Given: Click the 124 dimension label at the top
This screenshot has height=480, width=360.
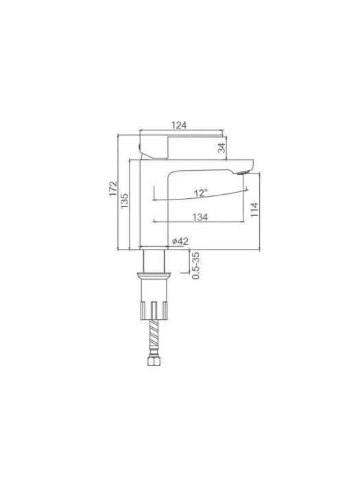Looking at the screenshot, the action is pyautogui.click(x=179, y=125).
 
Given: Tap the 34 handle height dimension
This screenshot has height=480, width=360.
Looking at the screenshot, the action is pyautogui.click(x=221, y=147).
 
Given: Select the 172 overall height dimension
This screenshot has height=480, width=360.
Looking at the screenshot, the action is pyautogui.click(x=113, y=189).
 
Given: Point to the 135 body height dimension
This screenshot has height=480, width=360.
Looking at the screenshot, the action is pyautogui.click(x=124, y=201).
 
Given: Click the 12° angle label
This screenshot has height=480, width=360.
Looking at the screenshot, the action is pyautogui.click(x=201, y=193).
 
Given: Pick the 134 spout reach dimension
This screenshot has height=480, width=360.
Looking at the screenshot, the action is pyautogui.click(x=200, y=217).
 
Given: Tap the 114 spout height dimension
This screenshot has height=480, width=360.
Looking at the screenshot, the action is pyautogui.click(x=254, y=210).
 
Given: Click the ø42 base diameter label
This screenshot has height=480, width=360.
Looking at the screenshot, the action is pyautogui.click(x=180, y=241).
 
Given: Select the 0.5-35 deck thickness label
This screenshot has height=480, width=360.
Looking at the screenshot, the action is pyautogui.click(x=195, y=265).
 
